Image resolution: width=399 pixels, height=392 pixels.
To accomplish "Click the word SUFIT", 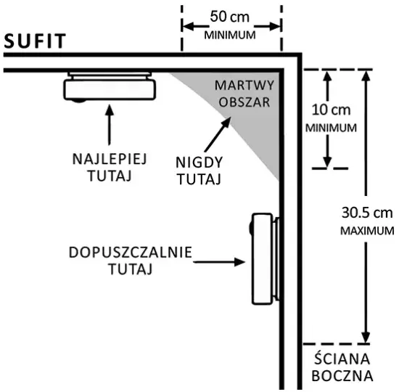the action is [x=35, y=41].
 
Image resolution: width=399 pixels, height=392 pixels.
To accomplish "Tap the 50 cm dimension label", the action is [x=229, y=17].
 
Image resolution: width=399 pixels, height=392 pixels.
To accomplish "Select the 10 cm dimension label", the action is [x=331, y=110].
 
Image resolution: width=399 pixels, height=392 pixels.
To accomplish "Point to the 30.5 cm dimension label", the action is [x=367, y=213].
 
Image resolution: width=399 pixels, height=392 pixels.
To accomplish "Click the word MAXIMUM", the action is [x=367, y=231].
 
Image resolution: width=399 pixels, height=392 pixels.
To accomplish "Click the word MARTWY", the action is [x=244, y=86].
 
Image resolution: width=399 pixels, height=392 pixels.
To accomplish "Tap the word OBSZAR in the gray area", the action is [x=244, y=102].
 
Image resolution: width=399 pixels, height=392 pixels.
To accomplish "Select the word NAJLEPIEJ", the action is [x=110, y=159].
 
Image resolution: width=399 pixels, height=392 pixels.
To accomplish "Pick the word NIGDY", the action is [x=199, y=163].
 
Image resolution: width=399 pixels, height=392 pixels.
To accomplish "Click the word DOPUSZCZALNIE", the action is [x=131, y=253].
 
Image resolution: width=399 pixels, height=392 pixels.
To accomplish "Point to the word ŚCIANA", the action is [x=342, y=359].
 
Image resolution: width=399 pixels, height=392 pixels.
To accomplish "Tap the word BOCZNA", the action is [x=342, y=376].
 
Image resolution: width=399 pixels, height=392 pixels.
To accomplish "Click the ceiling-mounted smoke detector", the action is [x=110, y=87].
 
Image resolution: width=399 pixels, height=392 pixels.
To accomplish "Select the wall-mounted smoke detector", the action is [x=264, y=258].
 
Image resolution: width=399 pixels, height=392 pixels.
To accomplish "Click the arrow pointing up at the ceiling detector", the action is [x=110, y=125].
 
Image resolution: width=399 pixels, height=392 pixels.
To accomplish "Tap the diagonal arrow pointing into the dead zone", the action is [x=218, y=134].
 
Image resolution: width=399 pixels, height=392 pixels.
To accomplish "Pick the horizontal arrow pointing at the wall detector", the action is [x=219, y=262].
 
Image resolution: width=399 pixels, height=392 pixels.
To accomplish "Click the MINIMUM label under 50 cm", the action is [x=230, y=35].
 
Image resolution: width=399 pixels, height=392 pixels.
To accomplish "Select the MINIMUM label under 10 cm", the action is [x=331, y=128].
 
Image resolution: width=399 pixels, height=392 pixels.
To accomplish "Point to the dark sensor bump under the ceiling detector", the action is [x=78, y=101].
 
